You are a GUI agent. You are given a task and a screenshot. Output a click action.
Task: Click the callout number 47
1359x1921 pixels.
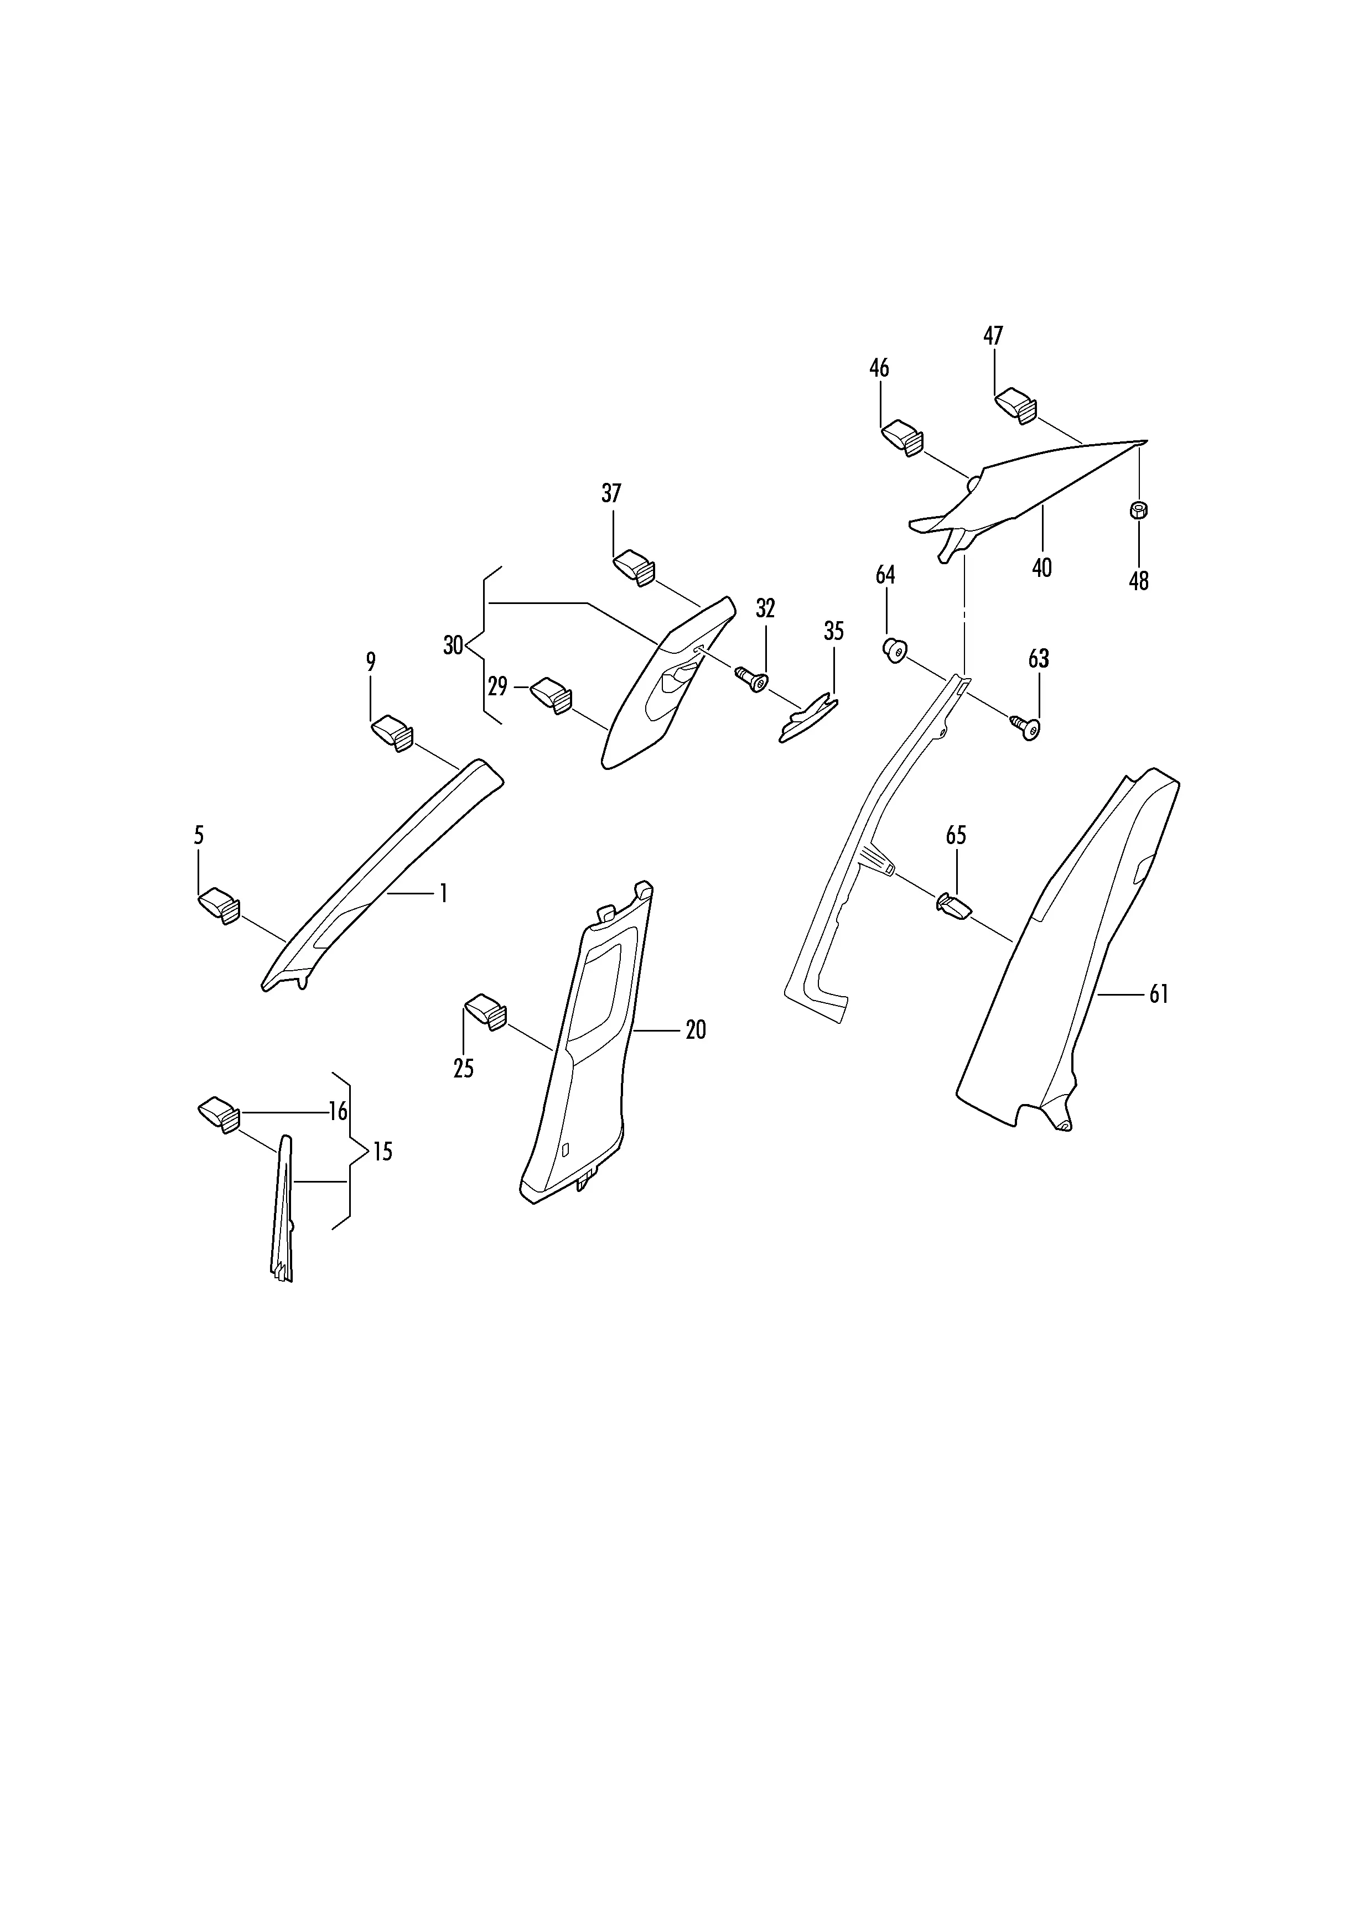click(993, 336)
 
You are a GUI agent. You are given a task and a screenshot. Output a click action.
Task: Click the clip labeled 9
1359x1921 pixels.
click(392, 733)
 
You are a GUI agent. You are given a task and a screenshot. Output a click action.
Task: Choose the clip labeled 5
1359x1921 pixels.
click(219, 905)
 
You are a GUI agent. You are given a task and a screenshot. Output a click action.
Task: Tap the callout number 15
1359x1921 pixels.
click(382, 1152)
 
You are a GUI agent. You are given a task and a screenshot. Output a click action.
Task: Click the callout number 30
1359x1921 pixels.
click(453, 646)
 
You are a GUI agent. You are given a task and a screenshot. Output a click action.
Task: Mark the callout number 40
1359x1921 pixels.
click(1042, 568)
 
